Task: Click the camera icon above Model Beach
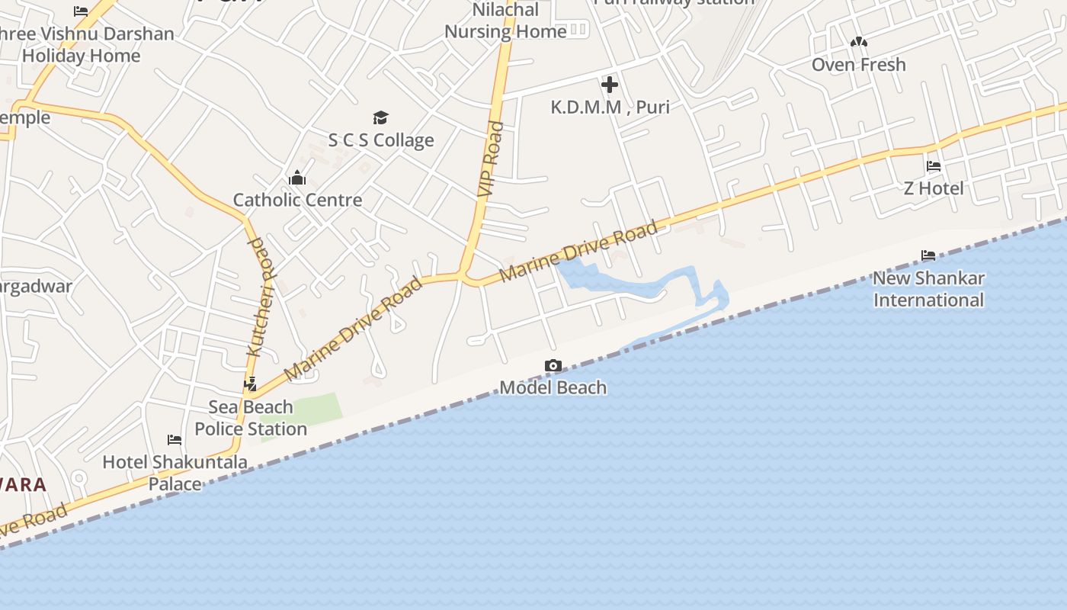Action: click(x=553, y=366)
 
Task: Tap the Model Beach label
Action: click(x=553, y=387)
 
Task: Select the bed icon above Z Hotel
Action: click(x=934, y=166)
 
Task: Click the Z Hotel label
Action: click(x=934, y=188)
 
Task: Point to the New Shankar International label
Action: click(x=928, y=289)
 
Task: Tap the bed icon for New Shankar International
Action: click(x=928, y=255)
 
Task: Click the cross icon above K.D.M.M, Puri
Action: click(x=610, y=85)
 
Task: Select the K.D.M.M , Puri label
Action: click(x=610, y=107)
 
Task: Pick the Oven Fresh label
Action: click(x=859, y=65)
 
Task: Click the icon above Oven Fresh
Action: click(x=859, y=43)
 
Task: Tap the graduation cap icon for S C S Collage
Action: click(x=380, y=117)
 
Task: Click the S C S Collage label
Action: click(x=381, y=140)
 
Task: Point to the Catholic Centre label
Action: click(x=297, y=200)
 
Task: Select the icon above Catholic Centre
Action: click(x=297, y=178)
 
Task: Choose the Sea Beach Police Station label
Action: click(x=251, y=418)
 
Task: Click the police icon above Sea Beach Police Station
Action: click(x=250, y=384)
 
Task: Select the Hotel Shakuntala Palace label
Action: click(x=175, y=473)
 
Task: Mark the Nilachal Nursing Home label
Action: click(x=505, y=21)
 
